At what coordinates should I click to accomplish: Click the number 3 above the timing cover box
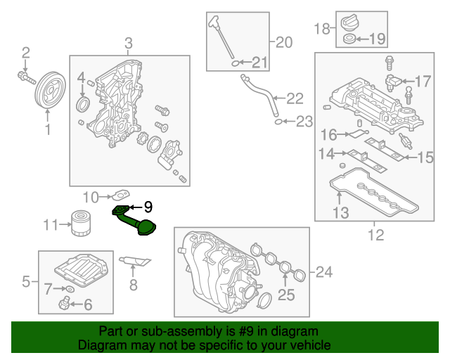point(128,44)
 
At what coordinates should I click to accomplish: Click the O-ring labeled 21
point(234,64)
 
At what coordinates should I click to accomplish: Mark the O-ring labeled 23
point(279,122)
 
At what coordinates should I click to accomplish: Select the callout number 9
point(148,207)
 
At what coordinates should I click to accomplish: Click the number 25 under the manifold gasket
point(286,295)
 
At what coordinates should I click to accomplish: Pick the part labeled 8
point(136,262)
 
